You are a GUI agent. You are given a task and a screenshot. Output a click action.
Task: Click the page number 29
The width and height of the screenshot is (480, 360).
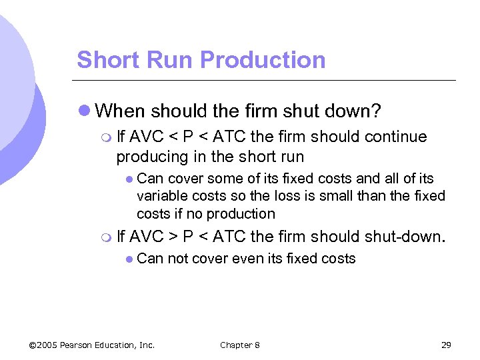coord(446,345)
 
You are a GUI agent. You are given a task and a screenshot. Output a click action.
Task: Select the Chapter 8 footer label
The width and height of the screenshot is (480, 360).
coord(240,345)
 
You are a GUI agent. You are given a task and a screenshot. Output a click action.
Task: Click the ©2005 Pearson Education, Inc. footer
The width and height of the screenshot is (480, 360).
coord(92,345)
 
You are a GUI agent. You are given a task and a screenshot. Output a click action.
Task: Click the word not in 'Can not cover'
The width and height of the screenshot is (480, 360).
coord(177,259)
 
